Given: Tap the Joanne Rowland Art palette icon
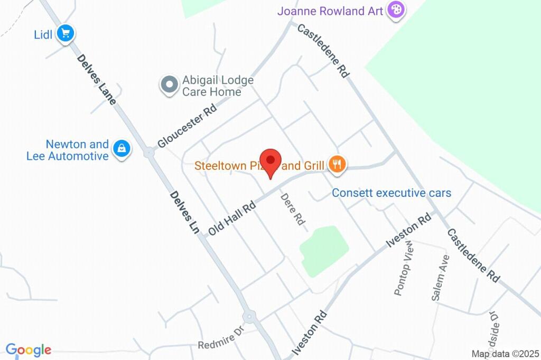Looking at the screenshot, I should click(x=395, y=10).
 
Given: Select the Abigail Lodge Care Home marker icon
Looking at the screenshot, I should click(x=170, y=84).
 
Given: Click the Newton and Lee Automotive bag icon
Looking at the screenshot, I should click(x=122, y=149).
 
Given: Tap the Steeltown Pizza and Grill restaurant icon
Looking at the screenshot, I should click(x=337, y=165).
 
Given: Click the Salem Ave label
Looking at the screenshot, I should click(x=440, y=278).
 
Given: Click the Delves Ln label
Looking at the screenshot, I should click(x=184, y=212).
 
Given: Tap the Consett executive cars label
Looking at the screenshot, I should click(x=391, y=193).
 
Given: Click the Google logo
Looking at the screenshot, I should click(x=29, y=349).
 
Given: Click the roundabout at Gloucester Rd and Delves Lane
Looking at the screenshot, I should click(x=149, y=153).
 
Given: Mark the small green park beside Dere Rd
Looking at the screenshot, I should click(x=323, y=250).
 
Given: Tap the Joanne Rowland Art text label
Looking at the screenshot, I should click(x=330, y=11).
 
